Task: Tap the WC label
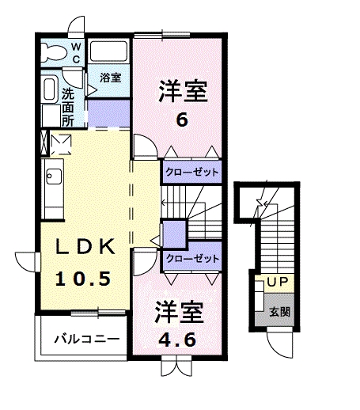pyautogui.click(x=77, y=53)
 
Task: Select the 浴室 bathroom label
pyautogui.click(x=110, y=78)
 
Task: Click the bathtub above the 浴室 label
pyautogui.click(x=108, y=53)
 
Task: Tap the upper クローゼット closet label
pyautogui.click(x=191, y=171)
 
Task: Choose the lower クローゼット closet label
pyautogui.click(x=191, y=258)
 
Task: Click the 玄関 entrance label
pyautogui.click(x=279, y=311)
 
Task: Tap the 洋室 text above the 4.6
pyautogui.click(x=179, y=309)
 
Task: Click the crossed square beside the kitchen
pyautogui.click(x=59, y=143)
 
